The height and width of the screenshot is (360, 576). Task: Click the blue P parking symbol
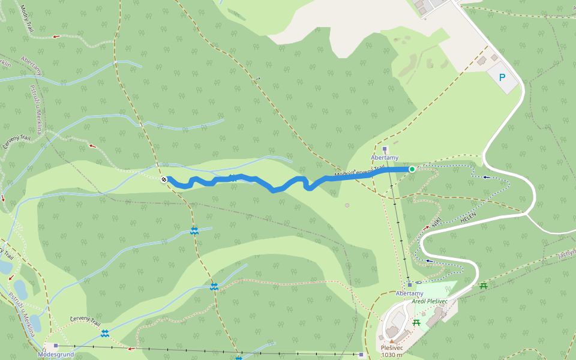[x=502, y=77]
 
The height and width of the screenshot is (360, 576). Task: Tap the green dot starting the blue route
[x=412, y=169]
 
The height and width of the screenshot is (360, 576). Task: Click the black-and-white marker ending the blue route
[x=164, y=179]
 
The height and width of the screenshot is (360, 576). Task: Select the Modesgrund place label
[x=56, y=354]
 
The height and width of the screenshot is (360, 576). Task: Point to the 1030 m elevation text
[x=392, y=355]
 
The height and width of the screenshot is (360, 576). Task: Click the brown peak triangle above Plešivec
[x=392, y=341]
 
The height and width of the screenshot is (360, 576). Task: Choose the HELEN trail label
[x=468, y=218]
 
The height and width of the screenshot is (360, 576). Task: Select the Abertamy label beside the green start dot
[x=385, y=158]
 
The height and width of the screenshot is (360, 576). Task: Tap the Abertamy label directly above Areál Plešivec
[x=409, y=293]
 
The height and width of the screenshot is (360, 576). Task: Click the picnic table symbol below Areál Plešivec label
[x=416, y=323]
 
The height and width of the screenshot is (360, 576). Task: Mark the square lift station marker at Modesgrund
[x=56, y=346]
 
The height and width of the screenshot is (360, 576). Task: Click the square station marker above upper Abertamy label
[x=385, y=148]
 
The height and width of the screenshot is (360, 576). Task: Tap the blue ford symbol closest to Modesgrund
[x=105, y=332]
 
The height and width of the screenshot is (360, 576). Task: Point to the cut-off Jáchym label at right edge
[x=566, y=254]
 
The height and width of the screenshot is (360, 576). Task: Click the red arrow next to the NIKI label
[x=427, y=228]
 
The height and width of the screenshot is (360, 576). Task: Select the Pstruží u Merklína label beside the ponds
[x=20, y=308]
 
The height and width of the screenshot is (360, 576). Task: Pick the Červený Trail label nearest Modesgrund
[x=85, y=321]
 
